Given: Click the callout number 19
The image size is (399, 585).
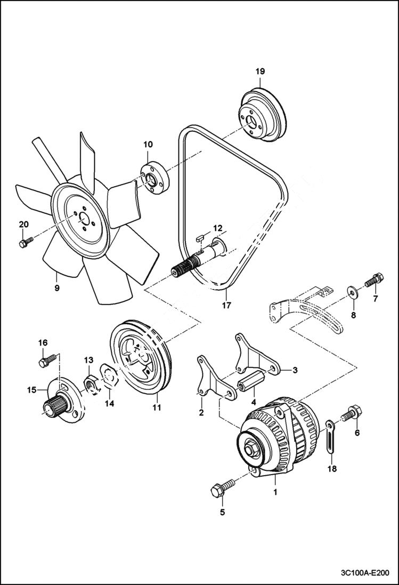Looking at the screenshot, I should (x=259, y=71).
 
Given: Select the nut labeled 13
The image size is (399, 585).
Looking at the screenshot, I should (x=91, y=383).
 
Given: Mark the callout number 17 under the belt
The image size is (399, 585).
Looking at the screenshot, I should (x=226, y=306).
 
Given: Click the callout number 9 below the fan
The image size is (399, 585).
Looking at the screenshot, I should (x=56, y=287).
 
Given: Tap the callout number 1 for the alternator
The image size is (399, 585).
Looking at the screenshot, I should (x=275, y=492).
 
